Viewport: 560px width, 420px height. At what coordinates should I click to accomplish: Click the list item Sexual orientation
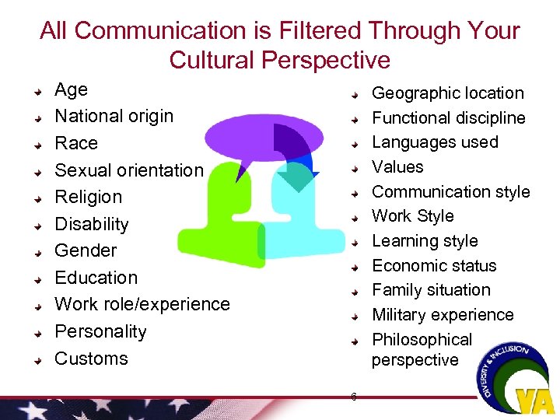pyautogui.click(x=128, y=170)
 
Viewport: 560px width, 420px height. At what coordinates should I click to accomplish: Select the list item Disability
pyautogui.click(x=91, y=224)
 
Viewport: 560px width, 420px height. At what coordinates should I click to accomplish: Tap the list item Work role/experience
pyautogui.click(x=142, y=304)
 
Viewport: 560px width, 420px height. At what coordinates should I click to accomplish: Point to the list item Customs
pyautogui.click(x=91, y=359)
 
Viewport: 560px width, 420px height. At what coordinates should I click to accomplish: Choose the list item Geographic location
pyautogui.click(x=447, y=93)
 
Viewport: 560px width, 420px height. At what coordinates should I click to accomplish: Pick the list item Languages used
pyautogui.click(x=435, y=142)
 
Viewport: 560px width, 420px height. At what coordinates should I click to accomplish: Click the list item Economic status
pyautogui.click(x=433, y=265)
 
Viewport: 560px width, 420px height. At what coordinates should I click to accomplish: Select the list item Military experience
pyautogui.click(x=443, y=315)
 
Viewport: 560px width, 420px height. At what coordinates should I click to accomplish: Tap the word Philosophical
pyautogui.click(x=422, y=340)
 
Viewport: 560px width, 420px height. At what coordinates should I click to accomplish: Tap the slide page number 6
pyautogui.click(x=353, y=397)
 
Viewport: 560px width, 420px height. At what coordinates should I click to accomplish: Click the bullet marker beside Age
pyautogui.click(x=37, y=92)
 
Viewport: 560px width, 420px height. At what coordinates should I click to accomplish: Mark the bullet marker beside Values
pyautogui.click(x=354, y=168)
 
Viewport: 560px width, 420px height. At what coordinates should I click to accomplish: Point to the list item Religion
pyautogui.click(x=88, y=198)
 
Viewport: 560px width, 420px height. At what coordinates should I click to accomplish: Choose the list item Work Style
pyautogui.click(x=412, y=216)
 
